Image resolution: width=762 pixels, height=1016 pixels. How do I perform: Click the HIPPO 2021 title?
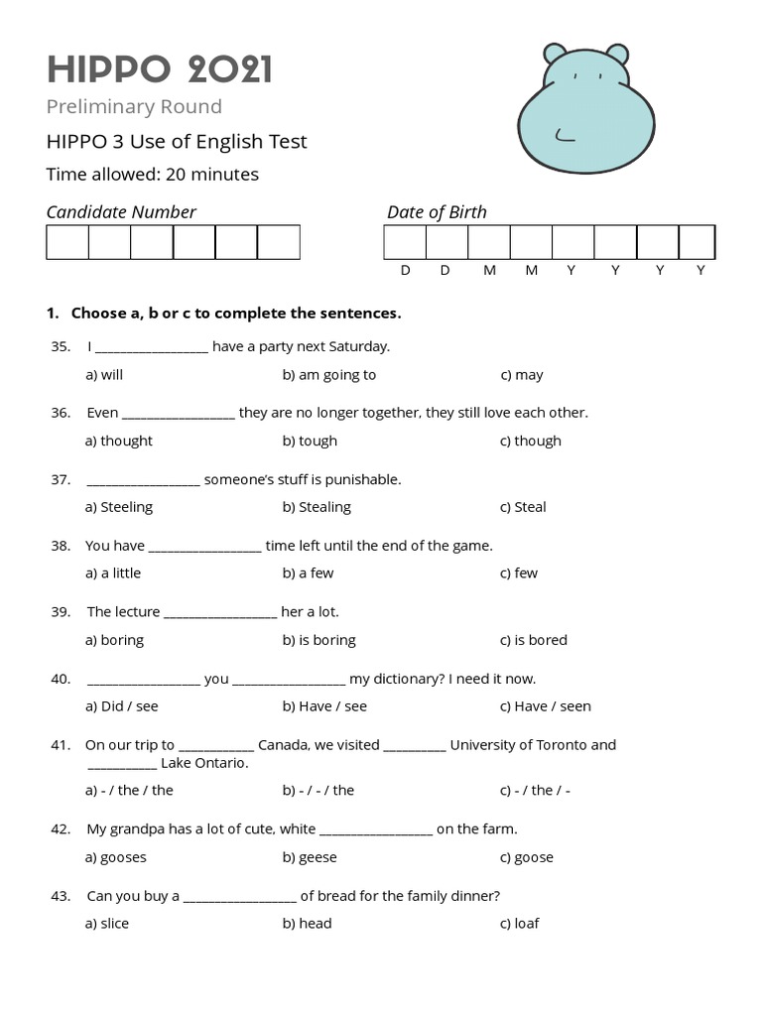(159, 69)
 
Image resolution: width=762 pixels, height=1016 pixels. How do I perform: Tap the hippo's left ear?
(556, 55)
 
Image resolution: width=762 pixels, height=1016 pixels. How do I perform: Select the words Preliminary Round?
(134, 106)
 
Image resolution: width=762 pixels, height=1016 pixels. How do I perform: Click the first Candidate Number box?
(67, 242)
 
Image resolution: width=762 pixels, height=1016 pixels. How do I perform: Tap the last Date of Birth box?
(697, 242)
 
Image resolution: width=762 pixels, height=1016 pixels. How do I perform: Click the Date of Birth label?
(437, 211)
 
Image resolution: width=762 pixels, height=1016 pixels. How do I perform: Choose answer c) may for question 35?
(521, 375)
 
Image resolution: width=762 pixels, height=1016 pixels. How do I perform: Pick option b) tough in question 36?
(310, 441)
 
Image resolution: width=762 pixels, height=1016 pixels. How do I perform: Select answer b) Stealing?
(317, 507)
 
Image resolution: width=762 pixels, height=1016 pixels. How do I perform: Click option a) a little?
(113, 572)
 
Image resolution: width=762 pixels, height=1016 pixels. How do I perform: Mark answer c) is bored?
(533, 640)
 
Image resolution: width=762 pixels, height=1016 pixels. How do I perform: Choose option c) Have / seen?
(545, 706)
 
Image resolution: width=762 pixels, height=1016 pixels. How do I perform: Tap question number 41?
(60, 744)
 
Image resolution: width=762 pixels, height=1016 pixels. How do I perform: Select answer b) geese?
(310, 857)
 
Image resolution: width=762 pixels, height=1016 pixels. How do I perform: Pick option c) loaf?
(519, 923)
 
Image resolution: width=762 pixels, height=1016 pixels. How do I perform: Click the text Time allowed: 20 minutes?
(153, 175)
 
